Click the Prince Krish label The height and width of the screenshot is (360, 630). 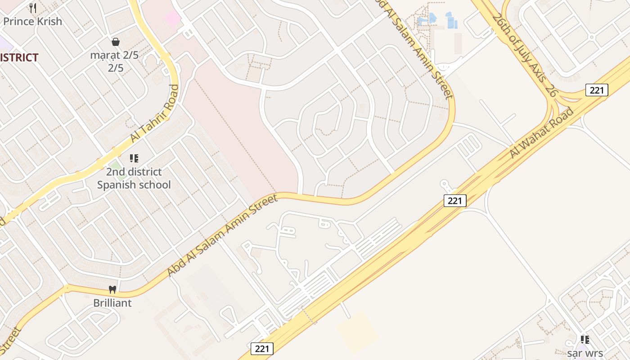tap(33, 21)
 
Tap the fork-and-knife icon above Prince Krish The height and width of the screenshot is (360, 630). tap(32, 8)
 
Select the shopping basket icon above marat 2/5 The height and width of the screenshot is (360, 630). tap(116, 42)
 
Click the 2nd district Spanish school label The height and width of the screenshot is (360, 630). tap(134, 178)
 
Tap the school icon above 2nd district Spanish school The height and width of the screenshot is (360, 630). tap(134, 158)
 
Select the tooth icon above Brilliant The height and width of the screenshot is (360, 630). tap(112, 289)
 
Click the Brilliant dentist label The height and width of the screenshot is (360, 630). tap(112, 303)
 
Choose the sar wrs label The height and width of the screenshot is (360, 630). tap(585, 353)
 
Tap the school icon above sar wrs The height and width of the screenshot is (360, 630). tap(585, 340)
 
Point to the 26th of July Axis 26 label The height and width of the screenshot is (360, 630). tap(525, 55)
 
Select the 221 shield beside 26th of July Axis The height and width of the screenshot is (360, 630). tap(597, 90)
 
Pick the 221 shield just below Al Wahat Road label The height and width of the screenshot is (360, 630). tap(455, 201)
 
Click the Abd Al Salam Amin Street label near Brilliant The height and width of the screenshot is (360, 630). tap(223, 235)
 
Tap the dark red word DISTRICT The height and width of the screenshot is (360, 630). tap(19, 58)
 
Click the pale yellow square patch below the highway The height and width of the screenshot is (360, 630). tap(358, 332)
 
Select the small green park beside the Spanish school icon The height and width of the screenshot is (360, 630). tap(116, 165)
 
